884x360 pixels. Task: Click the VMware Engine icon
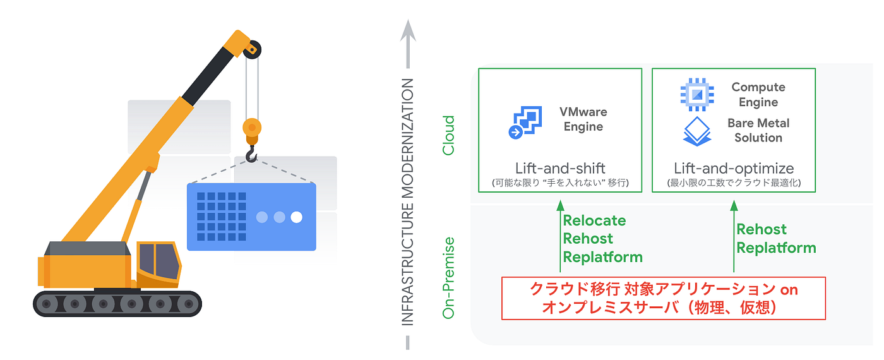[x=525, y=123]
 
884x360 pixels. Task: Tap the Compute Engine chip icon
[x=697, y=94]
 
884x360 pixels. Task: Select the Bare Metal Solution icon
[x=697, y=131]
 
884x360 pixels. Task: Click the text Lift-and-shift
[x=560, y=169]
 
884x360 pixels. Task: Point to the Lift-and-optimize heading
[x=734, y=169]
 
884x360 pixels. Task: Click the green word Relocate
[x=594, y=220]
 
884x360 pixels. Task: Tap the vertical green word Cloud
[x=449, y=135]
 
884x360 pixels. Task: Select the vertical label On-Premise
[x=449, y=278]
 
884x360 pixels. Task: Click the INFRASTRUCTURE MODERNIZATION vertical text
[x=407, y=201]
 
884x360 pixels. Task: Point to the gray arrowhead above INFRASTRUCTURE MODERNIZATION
[x=408, y=31]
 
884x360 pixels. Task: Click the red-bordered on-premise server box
[x=664, y=298]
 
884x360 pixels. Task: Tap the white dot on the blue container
[x=296, y=217]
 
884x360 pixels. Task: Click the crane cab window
[x=159, y=261]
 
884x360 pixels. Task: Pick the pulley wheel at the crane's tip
[x=252, y=50]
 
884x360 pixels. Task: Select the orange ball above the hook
[x=252, y=128]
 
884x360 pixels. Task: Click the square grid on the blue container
[x=222, y=216]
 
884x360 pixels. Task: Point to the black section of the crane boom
[x=208, y=76]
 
